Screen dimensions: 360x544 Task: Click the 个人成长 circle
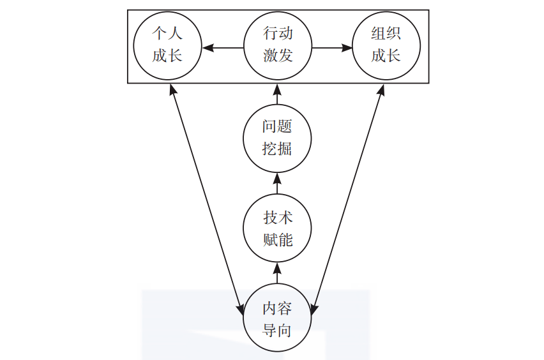[x=167, y=46]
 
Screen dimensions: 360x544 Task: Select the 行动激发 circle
[x=278, y=46]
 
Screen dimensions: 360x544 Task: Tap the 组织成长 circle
[x=386, y=46]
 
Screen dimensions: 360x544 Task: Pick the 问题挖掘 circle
[x=278, y=138]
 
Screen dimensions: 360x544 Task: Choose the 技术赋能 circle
[x=278, y=228]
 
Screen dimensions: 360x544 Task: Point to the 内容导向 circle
[x=278, y=319]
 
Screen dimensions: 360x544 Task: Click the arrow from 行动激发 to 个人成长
[x=223, y=47]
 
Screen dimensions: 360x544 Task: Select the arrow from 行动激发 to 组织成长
[x=332, y=47]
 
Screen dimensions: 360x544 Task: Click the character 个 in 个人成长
[x=160, y=34]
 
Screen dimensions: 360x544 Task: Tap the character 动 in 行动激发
[x=285, y=34]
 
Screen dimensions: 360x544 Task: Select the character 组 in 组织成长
[x=378, y=34]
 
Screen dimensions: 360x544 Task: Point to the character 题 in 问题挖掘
[x=285, y=126]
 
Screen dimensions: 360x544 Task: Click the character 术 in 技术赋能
[x=285, y=217]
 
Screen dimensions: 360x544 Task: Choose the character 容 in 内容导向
[x=285, y=308]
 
